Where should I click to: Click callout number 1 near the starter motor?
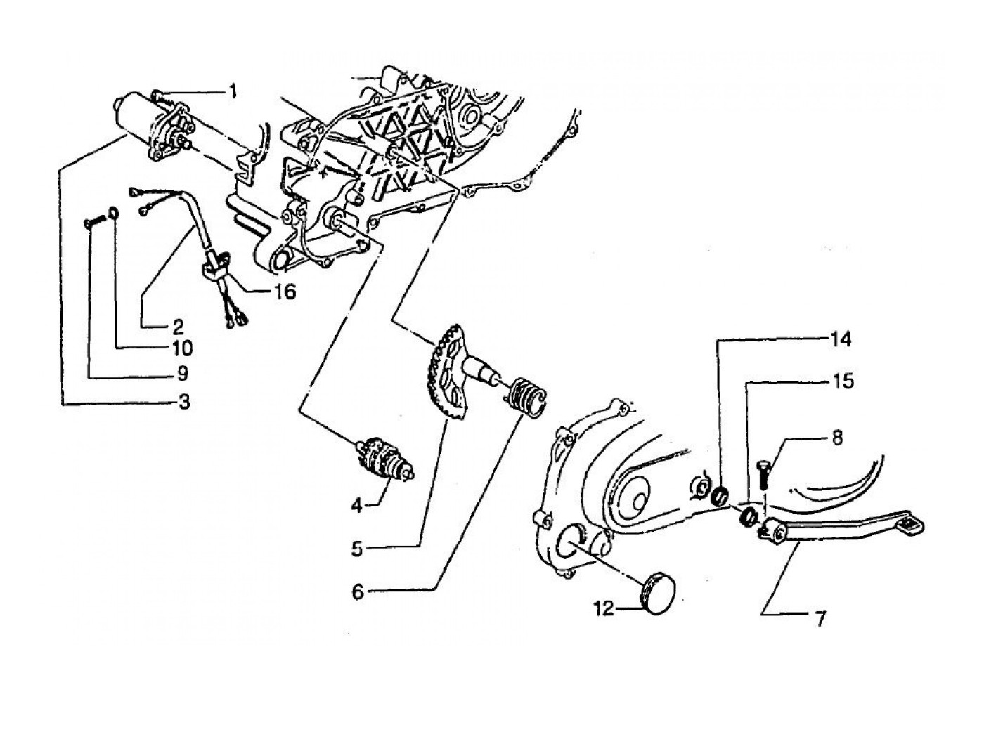pyautogui.click(x=233, y=91)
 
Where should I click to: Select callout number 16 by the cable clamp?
pyautogui.click(x=286, y=291)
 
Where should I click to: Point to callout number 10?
pyautogui.click(x=181, y=348)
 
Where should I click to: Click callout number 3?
pyautogui.click(x=184, y=402)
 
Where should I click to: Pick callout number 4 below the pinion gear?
pyautogui.click(x=357, y=505)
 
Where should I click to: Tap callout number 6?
pyautogui.click(x=358, y=592)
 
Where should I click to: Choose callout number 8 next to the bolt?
pyautogui.click(x=836, y=437)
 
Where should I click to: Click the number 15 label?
pyautogui.click(x=843, y=381)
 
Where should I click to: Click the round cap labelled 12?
pyautogui.click(x=659, y=594)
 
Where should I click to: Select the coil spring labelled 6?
pyautogui.click(x=526, y=397)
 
